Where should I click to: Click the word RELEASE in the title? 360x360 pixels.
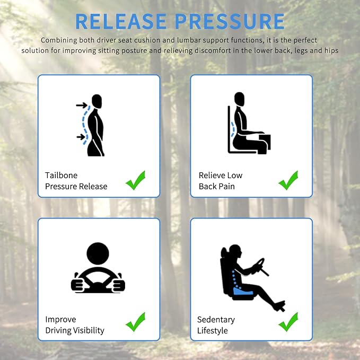[x=120, y=21]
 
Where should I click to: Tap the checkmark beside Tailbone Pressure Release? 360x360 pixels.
[x=135, y=180]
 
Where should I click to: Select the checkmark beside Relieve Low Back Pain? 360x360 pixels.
[x=288, y=180]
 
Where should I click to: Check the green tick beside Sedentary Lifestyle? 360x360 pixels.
[x=288, y=322]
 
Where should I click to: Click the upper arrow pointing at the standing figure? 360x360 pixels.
[x=82, y=106]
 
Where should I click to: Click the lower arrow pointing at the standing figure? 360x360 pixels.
[x=81, y=137]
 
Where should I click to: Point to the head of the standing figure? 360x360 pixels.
[x=96, y=101]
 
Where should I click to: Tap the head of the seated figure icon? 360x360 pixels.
[x=240, y=99]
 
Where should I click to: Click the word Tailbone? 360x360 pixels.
[x=62, y=175]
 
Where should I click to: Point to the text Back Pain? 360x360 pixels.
[x=216, y=186]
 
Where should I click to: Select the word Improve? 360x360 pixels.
[x=60, y=319]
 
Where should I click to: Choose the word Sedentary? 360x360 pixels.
[x=216, y=319]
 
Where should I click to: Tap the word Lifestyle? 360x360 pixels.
[x=213, y=330]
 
